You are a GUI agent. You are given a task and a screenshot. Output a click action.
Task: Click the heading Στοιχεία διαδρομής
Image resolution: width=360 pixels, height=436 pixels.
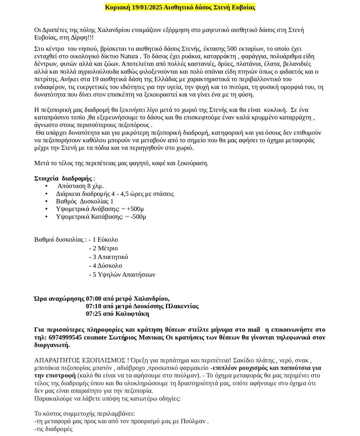point(63,178)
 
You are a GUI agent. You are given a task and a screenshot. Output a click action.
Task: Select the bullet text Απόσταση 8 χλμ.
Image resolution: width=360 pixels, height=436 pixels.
point(81,186)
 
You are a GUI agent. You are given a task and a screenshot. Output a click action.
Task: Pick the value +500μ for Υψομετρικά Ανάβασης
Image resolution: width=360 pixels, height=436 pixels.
point(135,209)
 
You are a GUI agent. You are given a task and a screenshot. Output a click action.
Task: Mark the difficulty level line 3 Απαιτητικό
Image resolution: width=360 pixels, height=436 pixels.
point(110,257)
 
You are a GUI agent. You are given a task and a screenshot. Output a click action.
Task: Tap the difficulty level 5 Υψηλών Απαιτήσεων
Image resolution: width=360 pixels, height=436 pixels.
point(124,275)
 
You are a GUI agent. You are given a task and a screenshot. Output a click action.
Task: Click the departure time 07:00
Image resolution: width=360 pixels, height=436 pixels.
point(94,299)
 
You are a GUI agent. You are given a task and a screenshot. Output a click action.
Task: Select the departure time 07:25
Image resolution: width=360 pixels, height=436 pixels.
point(94,314)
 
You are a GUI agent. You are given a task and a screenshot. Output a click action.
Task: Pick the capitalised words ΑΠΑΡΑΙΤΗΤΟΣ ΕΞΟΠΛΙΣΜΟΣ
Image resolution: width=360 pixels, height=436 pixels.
point(80,360)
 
